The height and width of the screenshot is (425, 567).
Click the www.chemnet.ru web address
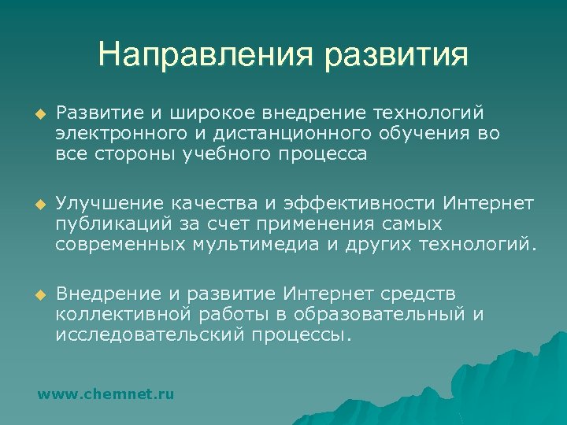coord(106,393)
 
